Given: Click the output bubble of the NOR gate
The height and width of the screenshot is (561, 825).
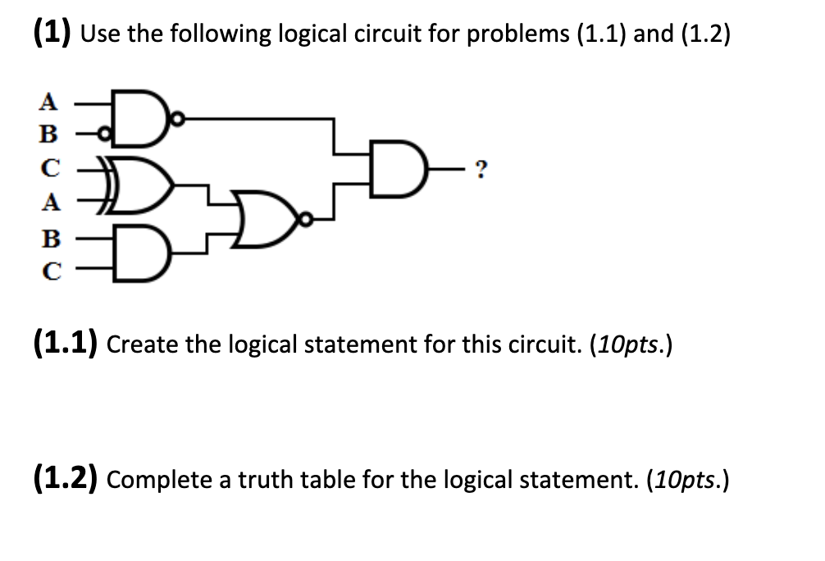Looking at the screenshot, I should point(305,220).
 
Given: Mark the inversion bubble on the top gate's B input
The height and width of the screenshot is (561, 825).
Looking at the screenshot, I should point(103,135).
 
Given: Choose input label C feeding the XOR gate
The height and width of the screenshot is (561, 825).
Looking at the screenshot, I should point(50,170).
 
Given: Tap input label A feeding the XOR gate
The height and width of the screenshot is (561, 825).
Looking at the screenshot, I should point(50,204).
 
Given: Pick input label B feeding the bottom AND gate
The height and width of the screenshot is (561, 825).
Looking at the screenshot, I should point(50,239).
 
